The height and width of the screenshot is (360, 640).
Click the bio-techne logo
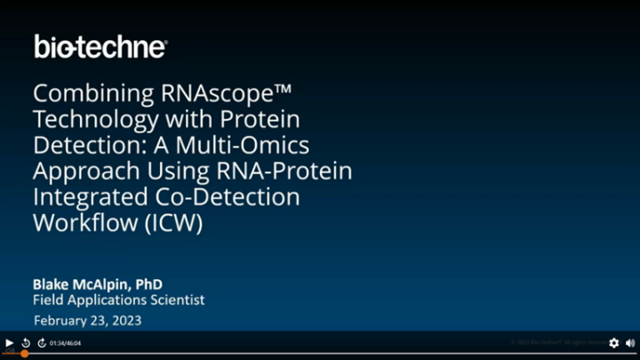100,46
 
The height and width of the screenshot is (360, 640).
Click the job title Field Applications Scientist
118,300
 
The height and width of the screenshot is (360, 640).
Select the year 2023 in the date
124,320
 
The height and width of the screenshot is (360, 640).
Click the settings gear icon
613,343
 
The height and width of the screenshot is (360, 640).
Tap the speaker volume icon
629,343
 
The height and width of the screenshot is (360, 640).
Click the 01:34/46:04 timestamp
65,343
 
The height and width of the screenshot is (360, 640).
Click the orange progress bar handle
24,354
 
